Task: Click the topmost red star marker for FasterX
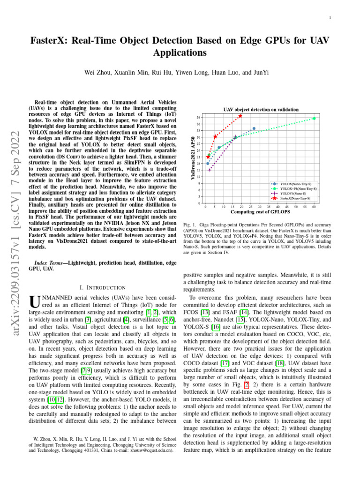pyautogui.click(x=240, y=116)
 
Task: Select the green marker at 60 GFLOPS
pyautogui.click(x=314, y=119)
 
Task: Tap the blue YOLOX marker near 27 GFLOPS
pyautogui.click(x=254, y=128)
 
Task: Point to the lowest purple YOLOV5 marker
pyautogui.click(x=210, y=170)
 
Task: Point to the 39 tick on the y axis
pyautogui.click(x=199, y=117)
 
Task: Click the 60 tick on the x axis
pyautogui.click(x=314, y=206)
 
